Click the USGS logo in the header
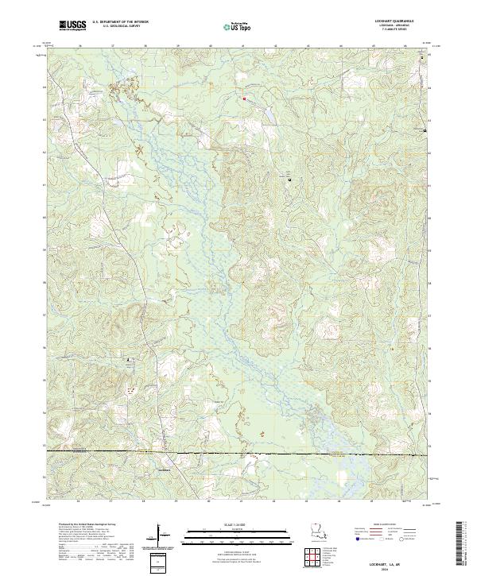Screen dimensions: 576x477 (x=73, y=26)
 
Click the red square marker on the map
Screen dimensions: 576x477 (x=244, y=99)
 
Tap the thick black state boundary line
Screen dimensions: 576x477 (x=238, y=452)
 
